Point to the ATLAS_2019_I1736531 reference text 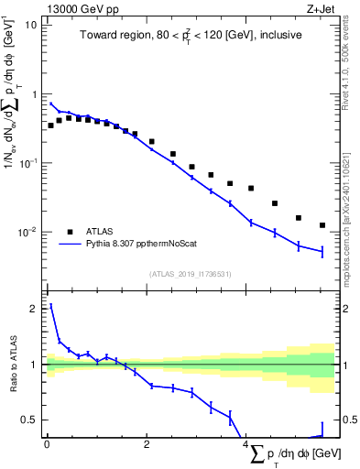click(191, 273)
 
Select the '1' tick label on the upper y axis click(35, 93)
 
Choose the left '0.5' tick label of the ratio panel click(30, 420)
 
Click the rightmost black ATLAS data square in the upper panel click(322, 225)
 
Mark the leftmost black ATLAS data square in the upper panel click(50, 125)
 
